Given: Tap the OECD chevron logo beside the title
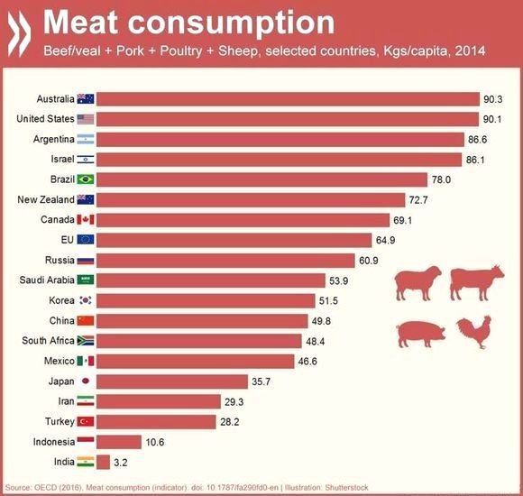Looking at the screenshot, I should tap(19, 24).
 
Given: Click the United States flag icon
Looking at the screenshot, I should tap(85, 119).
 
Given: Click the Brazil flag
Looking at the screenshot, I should tap(85, 179).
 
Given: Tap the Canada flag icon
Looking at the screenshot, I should tap(85, 219).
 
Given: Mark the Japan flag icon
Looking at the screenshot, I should tap(85, 381).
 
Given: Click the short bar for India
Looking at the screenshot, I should tap(102, 461).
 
